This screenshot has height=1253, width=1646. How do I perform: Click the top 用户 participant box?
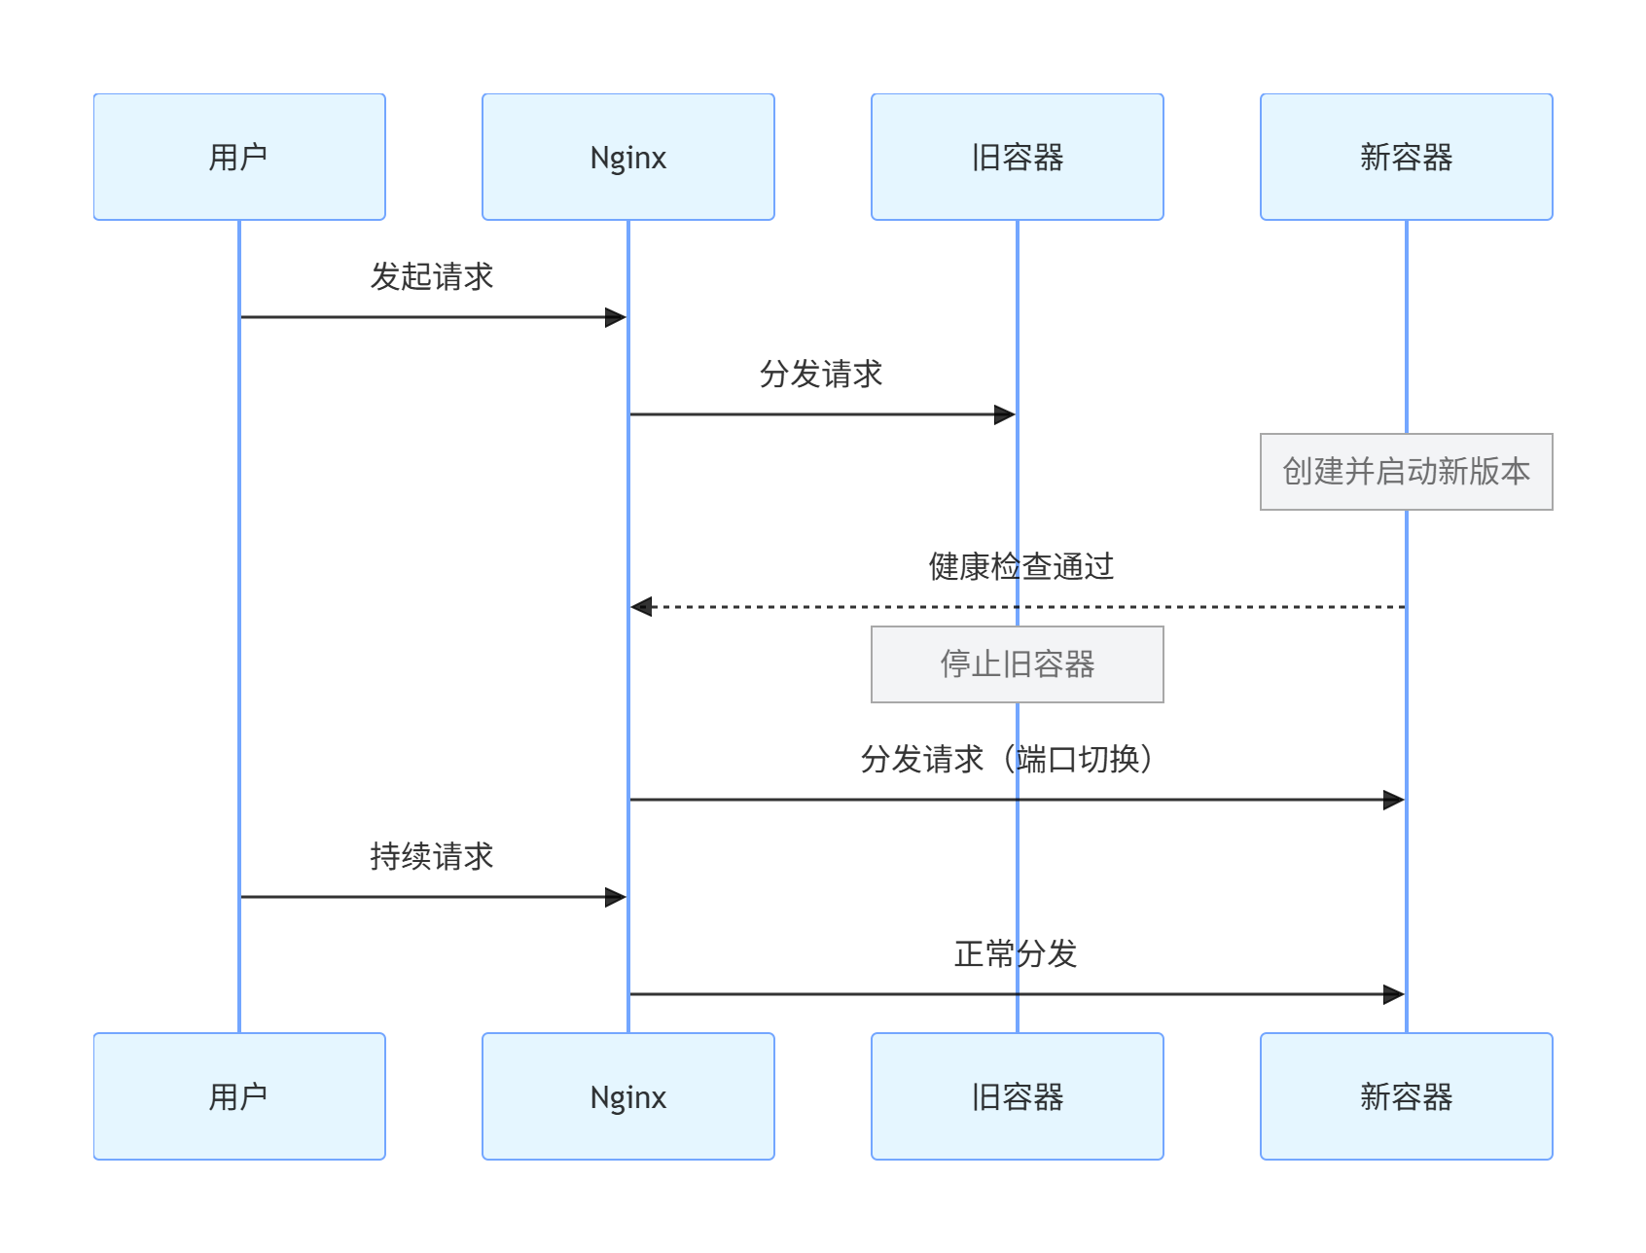tap(239, 157)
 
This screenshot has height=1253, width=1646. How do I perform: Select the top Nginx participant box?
tap(628, 157)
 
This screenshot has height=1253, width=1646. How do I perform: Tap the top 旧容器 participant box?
tap(1018, 157)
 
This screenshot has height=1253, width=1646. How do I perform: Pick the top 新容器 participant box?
tap(1407, 157)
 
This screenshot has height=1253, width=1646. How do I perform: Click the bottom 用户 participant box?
tap(239, 1096)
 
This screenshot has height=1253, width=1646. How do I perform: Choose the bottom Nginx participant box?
tap(628, 1096)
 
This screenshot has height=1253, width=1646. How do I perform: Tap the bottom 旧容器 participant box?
tap(1018, 1096)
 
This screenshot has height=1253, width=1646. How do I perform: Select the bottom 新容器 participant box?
tap(1407, 1096)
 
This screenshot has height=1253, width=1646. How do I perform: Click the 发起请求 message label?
tap(432, 276)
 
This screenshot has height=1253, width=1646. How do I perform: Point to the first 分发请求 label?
tap(821, 374)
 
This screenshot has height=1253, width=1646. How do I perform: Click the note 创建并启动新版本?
tap(1407, 472)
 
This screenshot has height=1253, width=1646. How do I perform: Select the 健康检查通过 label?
tap(1020, 566)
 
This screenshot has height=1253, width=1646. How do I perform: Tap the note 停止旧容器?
tap(1018, 664)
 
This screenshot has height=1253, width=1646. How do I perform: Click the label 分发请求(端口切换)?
tap(1008, 759)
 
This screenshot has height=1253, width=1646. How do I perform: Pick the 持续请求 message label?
tap(432, 856)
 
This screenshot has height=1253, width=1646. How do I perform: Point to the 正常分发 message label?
tap(1016, 953)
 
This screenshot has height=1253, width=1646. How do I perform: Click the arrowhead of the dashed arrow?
tap(641, 607)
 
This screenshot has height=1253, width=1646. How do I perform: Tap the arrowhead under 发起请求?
tap(616, 317)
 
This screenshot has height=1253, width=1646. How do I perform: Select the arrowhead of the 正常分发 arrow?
tap(1394, 994)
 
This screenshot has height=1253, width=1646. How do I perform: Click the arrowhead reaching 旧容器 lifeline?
tap(1005, 414)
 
